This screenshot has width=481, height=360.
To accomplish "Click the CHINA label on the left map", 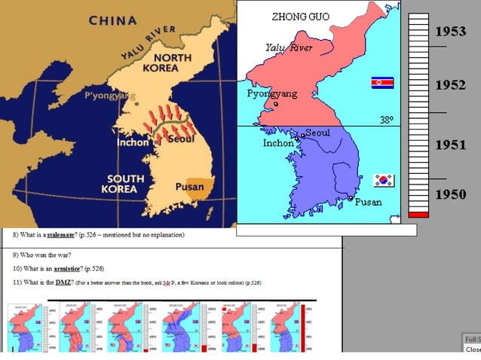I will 113,20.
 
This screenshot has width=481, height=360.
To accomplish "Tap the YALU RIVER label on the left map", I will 149,44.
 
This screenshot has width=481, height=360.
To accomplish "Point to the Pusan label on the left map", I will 189,187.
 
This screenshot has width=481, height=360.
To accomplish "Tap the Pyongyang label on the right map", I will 272,94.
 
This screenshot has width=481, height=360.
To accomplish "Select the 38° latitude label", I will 386,120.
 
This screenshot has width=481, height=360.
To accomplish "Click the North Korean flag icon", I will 382,82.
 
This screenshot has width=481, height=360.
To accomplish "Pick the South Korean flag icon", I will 384,180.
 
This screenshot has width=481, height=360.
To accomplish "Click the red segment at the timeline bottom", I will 418,215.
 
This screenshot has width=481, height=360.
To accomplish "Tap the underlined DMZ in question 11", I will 63,282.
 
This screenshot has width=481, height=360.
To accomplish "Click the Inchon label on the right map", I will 278,143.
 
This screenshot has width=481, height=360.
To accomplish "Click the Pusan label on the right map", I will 368,202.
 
